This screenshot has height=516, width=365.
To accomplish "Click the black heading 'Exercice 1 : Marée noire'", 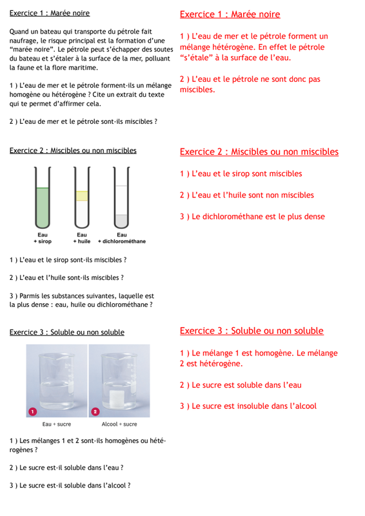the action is [50, 13].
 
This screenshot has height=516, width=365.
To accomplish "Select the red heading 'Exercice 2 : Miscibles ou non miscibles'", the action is [259, 152].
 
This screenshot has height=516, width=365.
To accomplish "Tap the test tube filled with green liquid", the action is [43, 197].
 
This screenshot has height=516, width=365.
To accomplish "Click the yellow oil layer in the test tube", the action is [82, 196].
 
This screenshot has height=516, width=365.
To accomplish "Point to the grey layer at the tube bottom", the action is [121, 221].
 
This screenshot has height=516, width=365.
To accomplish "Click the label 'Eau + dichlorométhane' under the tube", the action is [122, 238].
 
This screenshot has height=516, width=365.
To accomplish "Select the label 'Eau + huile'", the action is [82, 238].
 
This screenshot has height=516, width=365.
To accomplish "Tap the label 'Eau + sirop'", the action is [43, 238].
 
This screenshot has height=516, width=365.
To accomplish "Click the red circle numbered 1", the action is [33, 412].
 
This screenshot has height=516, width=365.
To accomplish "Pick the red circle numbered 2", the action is [95, 412].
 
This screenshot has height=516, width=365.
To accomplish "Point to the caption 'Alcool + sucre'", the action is [119, 424].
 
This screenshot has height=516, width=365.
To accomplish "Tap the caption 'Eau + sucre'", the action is [57, 424].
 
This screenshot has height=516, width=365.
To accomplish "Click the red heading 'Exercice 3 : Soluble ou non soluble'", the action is [252, 331].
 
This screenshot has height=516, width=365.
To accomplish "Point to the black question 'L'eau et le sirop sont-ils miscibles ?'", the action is [73, 260].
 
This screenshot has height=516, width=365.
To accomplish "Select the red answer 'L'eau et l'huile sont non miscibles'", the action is [253, 195].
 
